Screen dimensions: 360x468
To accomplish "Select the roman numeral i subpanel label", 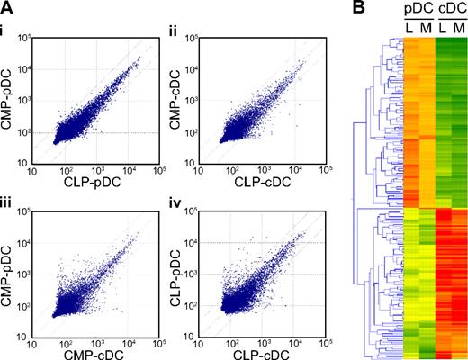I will [x=5, y=34].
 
